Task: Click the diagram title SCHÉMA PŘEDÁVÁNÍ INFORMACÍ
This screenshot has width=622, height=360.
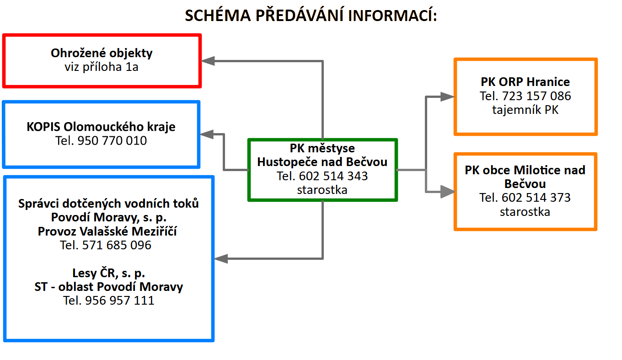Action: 311,16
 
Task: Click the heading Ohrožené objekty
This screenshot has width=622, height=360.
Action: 102,53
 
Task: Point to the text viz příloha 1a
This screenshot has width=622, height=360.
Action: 102,67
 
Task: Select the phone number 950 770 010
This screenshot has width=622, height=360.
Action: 113,140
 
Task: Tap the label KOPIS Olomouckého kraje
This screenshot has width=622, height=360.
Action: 101,126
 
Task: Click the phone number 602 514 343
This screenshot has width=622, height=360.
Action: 333,176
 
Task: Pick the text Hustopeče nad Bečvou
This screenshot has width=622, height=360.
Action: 322,162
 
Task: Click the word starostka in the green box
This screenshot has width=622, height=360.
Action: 322,190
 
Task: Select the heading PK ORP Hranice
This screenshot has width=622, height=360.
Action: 525,82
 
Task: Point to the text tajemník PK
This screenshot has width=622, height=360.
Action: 525,110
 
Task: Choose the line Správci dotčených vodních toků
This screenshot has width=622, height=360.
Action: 108,204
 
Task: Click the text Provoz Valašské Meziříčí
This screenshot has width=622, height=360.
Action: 107,231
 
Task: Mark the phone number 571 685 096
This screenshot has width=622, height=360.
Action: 117,245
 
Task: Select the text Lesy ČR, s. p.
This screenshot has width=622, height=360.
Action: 108,273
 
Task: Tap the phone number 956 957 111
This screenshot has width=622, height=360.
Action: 120,301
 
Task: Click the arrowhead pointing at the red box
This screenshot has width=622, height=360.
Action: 208,61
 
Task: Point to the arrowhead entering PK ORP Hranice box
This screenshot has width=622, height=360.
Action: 447,97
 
